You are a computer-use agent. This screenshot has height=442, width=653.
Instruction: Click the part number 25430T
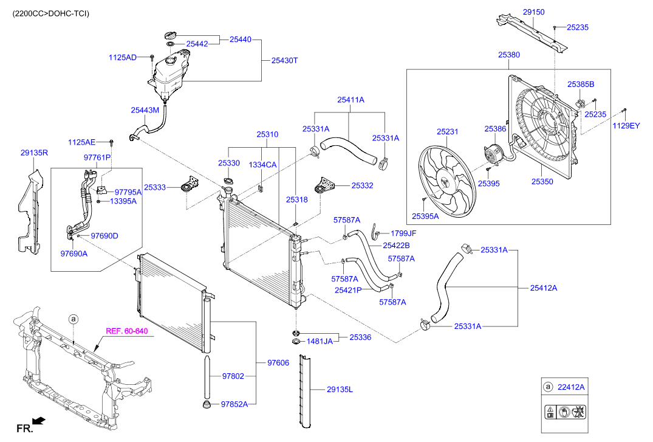284,60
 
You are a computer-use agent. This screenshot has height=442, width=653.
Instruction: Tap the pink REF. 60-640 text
126,331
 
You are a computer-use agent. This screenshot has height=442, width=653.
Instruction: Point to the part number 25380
509,55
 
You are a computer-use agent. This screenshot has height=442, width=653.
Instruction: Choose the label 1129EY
625,126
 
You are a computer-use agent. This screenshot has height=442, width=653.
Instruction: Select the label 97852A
235,403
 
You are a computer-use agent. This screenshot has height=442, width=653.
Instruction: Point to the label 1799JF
403,233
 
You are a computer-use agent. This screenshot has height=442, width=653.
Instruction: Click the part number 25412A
543,288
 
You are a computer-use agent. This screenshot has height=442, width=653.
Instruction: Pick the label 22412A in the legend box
572,387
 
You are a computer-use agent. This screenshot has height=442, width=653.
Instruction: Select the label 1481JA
319,341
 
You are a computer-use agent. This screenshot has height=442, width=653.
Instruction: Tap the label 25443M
145,110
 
